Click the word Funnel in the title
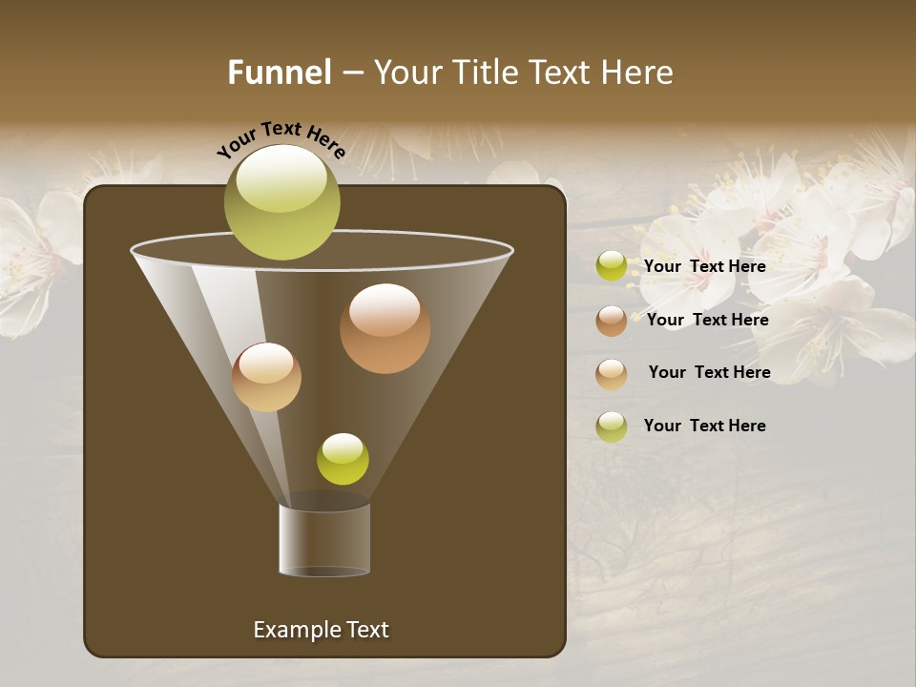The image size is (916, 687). [x=280, y=73]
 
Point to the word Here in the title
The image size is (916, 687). [x=638, y=73]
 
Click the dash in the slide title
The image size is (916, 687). [x=351, y=73]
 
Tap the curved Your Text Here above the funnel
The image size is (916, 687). [x=281, y=139]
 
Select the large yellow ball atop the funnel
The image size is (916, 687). [x=281, y=202]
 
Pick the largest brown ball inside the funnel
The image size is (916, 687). [x=385, y=328]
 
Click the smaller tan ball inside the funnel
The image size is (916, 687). [x=266, y=377]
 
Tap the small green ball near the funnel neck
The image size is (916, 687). [x=343, y=459]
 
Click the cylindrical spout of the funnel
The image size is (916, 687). [x=324, y=539]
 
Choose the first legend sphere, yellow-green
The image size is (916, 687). [x=612, y=266]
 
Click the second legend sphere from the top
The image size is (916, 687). [x=612, y=321]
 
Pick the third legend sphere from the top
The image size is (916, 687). [x=612, y=374]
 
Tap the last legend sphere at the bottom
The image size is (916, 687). [x=612, y=427]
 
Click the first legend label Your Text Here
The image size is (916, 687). [x=704, y=267]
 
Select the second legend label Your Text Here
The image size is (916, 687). [x=707, y=321]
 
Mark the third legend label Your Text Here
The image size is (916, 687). [x=709, y=373]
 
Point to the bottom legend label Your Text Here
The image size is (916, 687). [x=704, y=426]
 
